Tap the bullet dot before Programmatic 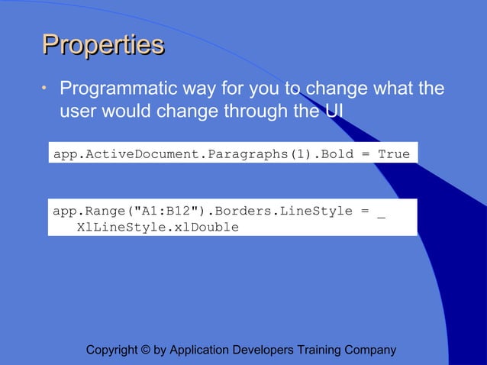click(44, 89)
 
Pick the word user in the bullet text click(79, 111)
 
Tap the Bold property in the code click(337, 154)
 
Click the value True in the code click(394, 154)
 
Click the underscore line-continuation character click(381, 213)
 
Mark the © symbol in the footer click(146, 350)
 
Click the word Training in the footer click(320, 350)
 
